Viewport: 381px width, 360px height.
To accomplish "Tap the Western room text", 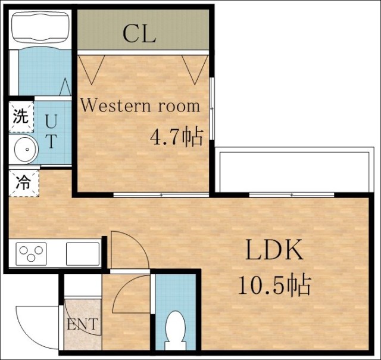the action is (x=140, y=106).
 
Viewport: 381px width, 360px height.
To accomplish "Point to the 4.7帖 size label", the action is (x=176, y=136).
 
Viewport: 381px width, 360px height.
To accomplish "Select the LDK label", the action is (x=274, y=250).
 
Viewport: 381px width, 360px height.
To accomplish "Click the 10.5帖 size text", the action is (x=274, y=285).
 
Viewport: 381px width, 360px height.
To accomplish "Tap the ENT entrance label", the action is (x=83, y=324).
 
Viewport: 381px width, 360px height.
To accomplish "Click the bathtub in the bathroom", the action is (x=40, y=27).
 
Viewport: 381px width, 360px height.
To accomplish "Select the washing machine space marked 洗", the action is (x=21, y=117).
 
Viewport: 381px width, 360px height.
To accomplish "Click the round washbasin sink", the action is (x=25, y=149).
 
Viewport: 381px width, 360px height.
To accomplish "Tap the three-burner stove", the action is (x=31, y=254).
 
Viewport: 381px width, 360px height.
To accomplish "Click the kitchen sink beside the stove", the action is (x=83, y=254).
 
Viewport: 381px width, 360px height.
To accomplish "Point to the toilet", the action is (x=176, y=330).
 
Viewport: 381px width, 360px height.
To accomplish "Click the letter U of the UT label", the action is (x=52, y=121).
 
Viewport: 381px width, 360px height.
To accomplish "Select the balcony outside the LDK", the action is (x=295, y=171).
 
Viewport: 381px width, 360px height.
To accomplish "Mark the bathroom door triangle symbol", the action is (x=65, y=87).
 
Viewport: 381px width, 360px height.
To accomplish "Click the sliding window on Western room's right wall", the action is (x=211, y=108).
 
